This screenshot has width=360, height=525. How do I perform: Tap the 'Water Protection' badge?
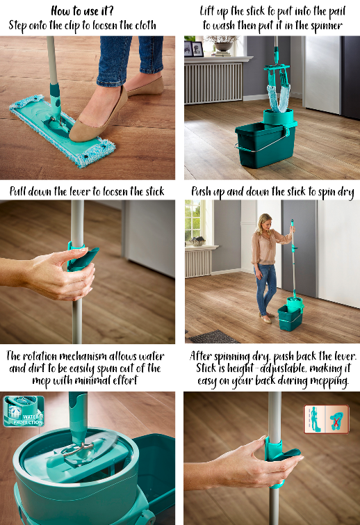[24, 411]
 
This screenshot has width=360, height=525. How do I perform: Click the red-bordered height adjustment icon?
[326, 419]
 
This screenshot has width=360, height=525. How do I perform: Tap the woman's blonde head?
[263, 222]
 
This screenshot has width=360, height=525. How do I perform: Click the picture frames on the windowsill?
[194, 49]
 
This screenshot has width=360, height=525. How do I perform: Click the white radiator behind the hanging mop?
[213, 81]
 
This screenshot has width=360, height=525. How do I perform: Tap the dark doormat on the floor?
[213, 337]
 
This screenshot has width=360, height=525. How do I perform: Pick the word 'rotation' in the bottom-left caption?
[41, 356]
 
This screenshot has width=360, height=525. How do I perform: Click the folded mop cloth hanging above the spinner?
[278, 97]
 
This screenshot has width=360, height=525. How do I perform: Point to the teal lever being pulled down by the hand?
[81, 256]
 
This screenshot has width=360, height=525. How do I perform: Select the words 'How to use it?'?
[82, 11]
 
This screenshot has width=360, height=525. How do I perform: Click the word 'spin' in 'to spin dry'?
[327, 192]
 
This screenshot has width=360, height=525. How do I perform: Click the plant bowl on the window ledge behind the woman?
[198, 241]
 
